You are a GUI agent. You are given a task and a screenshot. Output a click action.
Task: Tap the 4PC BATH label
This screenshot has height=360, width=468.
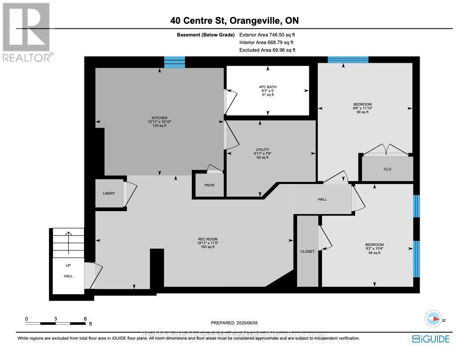click(267, 87)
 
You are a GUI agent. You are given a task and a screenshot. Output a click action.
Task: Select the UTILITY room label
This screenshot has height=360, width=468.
click(262, 150)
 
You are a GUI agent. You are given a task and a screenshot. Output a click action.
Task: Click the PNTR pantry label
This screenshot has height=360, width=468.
click(209, 185)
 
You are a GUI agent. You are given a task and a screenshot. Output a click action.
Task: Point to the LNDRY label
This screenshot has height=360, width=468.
click(109, 193)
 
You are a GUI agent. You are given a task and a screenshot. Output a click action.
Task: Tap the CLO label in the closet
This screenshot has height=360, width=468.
click(387, 169)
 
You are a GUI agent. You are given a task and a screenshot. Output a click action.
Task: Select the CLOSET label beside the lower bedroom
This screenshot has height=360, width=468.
click(307, 251)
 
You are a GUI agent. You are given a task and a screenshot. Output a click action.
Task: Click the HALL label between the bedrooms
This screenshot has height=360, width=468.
click(322, 199)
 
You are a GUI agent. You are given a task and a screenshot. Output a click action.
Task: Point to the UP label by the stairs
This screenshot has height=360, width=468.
click(68, 265)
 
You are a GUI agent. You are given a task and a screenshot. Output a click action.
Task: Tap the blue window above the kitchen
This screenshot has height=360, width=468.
click(174, 62)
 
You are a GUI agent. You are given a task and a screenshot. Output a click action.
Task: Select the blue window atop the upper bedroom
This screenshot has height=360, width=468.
click(347, 59)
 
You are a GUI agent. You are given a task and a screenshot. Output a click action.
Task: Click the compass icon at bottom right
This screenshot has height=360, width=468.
click(434, 319)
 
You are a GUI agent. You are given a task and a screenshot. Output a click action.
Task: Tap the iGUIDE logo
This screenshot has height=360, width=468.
click(430, 339)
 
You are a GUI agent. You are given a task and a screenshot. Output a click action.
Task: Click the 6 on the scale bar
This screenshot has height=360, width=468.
click(85, 318)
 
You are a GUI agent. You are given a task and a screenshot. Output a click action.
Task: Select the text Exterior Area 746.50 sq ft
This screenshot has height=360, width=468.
click(266, 35)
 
